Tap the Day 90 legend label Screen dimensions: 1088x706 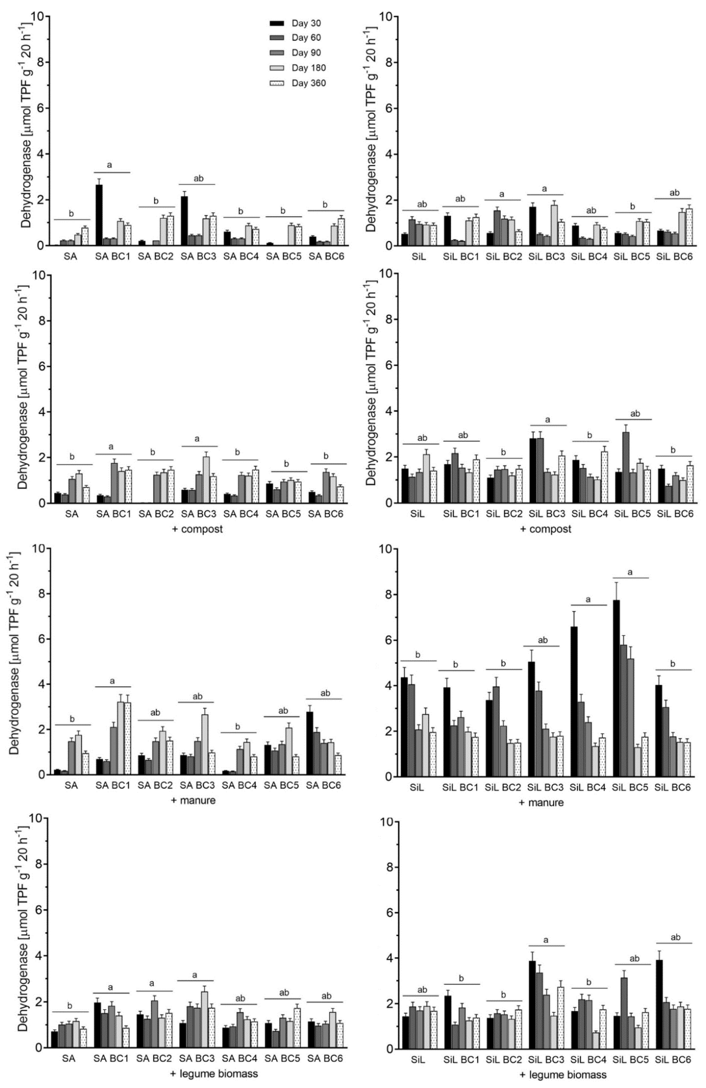[x=306, y=53]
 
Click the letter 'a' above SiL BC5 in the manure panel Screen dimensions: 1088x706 [x=631, y=572]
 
